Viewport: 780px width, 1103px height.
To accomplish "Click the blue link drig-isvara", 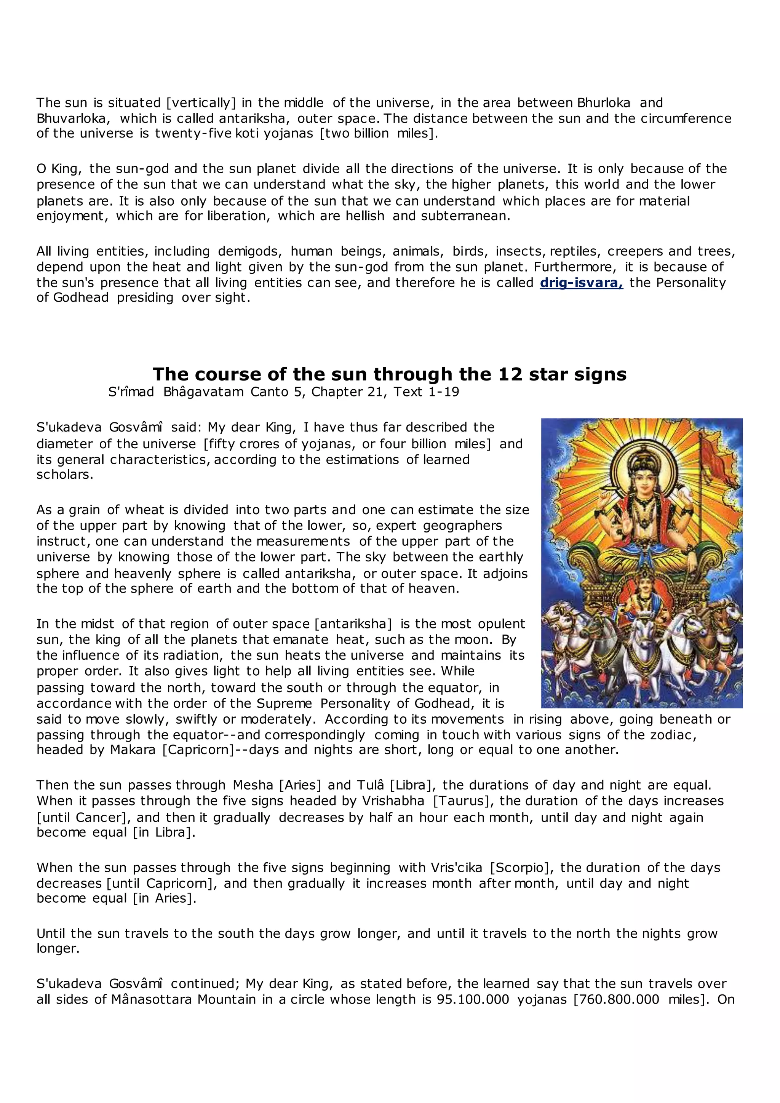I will [581, 283].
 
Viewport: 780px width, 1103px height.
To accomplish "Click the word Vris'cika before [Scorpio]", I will [457, 868].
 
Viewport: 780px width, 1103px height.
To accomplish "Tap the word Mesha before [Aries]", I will [253, 785].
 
